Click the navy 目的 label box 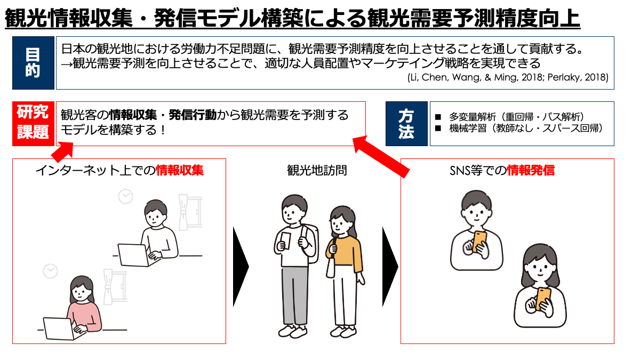[x=33, y=63]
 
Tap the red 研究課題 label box [x=33, y=124]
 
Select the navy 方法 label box [x=406, y=124]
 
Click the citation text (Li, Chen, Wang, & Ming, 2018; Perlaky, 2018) [x=508, y=77]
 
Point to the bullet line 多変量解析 [x=509, y=117]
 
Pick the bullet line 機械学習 [x=518, y=129]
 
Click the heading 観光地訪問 [x=317, y=171]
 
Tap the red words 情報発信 [x=531, y=171]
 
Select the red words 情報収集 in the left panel [x=180, y=171]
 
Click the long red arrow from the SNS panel [x=381, y=157]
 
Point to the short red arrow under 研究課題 [x=63, y=152]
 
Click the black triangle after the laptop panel [x=241, y=267]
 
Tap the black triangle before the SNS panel [x=390, y=267]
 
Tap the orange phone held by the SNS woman [x=543, y=299]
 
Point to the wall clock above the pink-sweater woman [x=51, y=271]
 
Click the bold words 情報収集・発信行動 [x=163, y=115]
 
